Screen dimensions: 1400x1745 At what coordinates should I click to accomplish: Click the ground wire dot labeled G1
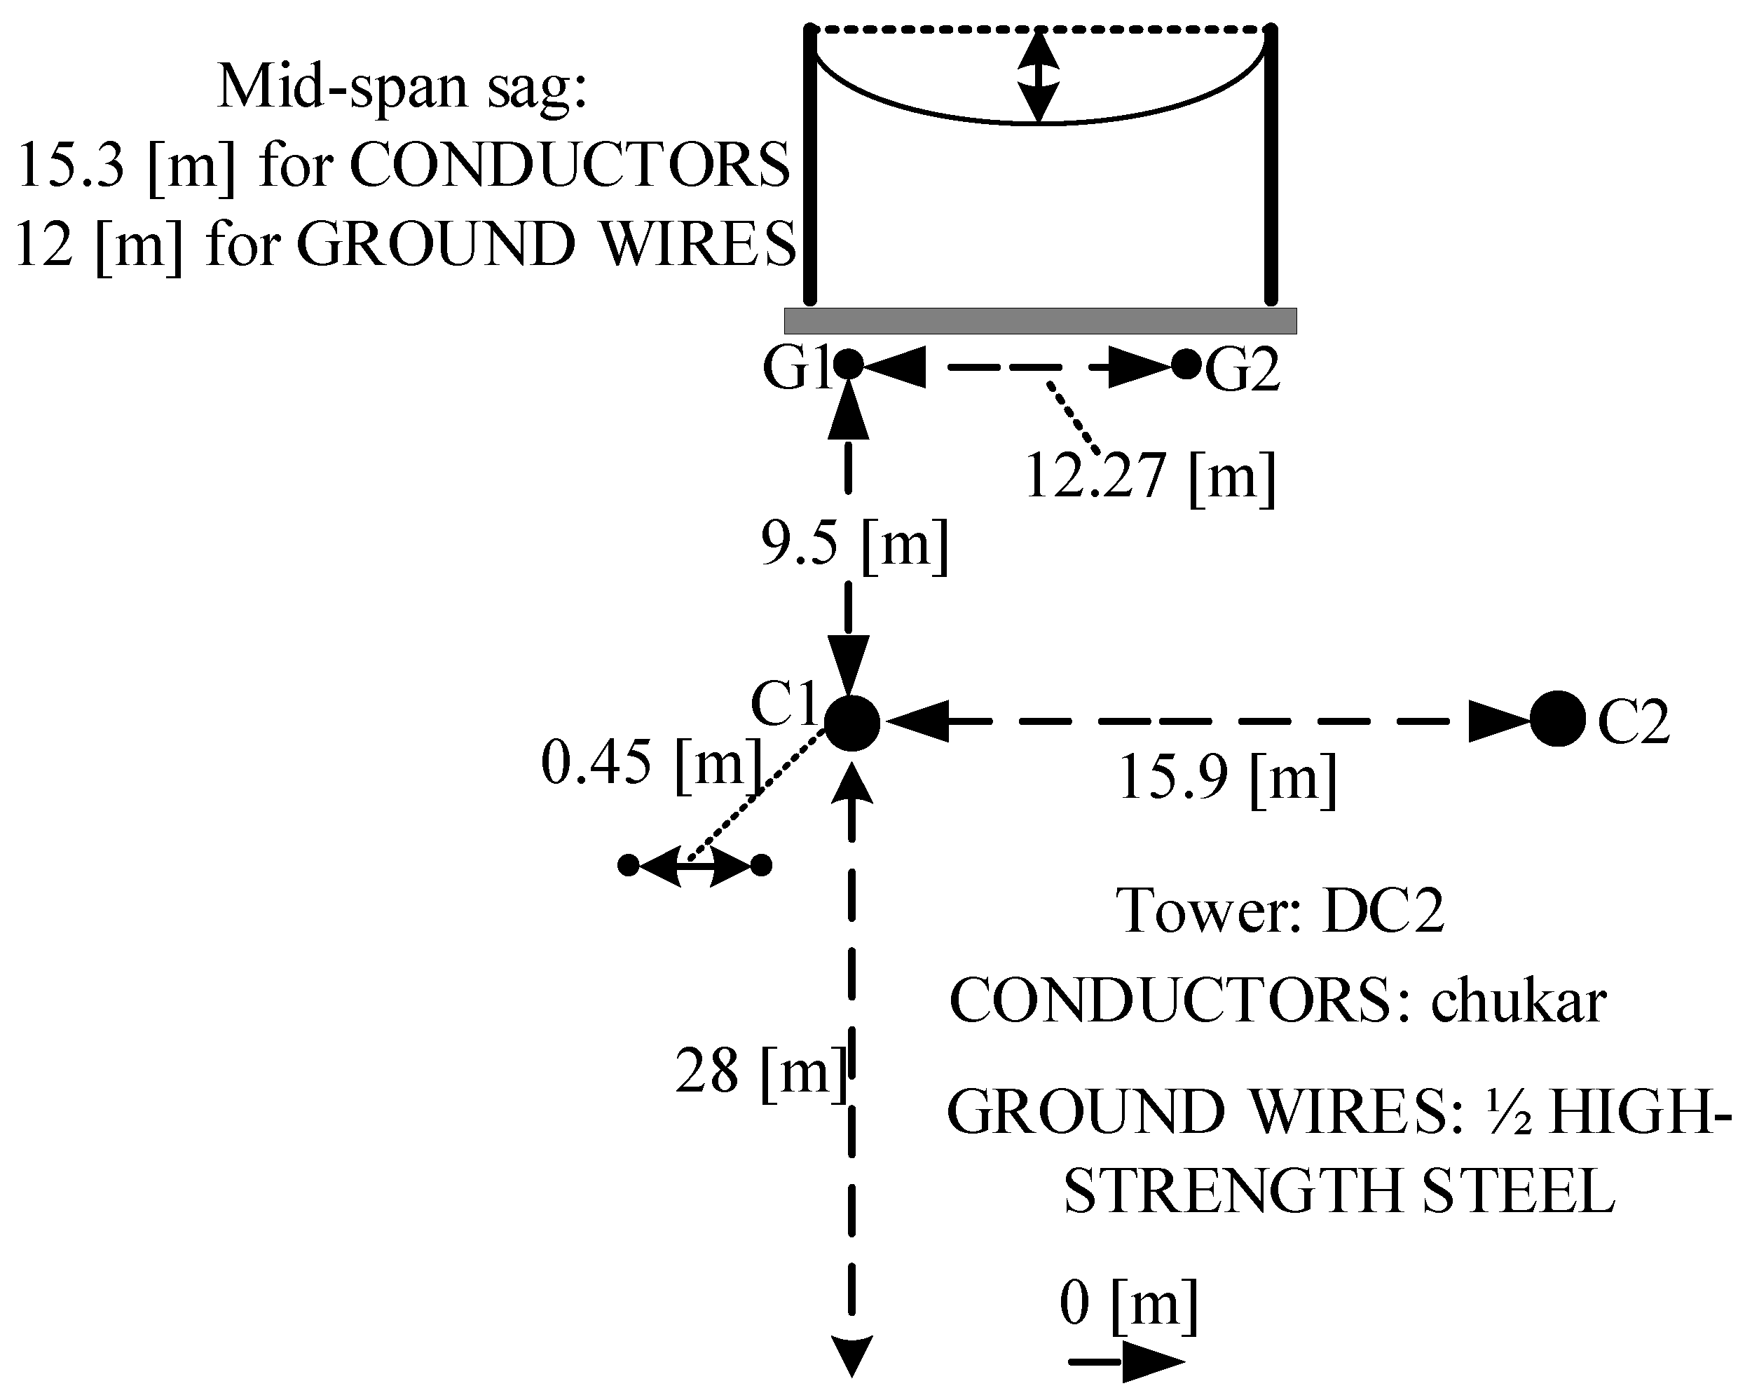[848, 365]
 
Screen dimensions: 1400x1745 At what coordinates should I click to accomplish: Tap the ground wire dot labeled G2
[1186, 365]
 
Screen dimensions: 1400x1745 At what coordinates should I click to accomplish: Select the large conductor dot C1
[852, 721]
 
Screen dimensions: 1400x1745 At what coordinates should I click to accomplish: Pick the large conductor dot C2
[1557, 718]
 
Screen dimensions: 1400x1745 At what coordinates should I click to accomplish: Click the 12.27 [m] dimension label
[1149, 477]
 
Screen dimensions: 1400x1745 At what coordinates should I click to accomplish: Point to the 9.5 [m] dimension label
[854, 544]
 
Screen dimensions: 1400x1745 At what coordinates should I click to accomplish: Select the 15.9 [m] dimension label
[1227, 778]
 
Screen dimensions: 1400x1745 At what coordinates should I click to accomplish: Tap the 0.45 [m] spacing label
[652, 763]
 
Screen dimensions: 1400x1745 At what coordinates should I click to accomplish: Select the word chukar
[1519, 1002]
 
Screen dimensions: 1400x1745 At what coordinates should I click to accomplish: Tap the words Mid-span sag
[402, 88]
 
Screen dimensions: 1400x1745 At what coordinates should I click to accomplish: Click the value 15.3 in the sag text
[71, 165]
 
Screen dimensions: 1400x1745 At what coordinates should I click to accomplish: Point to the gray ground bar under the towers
[1040, 320]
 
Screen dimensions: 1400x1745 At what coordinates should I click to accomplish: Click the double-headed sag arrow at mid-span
[1039, 75]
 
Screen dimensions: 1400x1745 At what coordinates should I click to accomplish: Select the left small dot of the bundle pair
[628, 865]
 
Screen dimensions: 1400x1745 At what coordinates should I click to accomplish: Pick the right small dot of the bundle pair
[761, 865]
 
